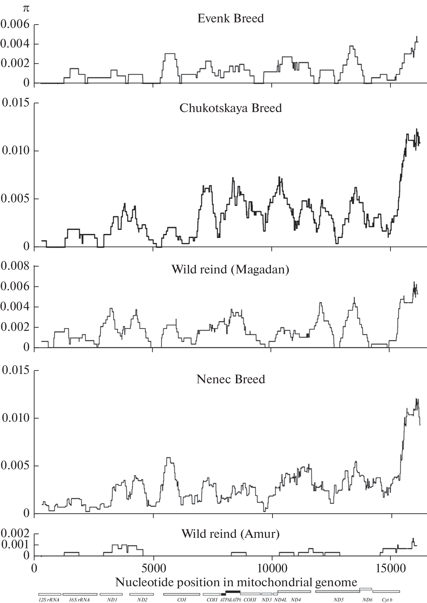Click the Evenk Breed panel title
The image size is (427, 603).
pos(230,18)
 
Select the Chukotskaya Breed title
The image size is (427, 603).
pos(230,108)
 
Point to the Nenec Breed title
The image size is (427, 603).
pos(231,379)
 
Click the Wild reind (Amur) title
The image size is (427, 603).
pos(230,534)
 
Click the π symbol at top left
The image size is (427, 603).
pos(26,9)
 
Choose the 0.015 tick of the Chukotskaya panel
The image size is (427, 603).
pos(16,103)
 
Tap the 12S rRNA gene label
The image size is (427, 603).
pos(49,600)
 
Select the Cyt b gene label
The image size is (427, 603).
pos(386,600)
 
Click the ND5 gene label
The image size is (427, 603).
pos(338,600)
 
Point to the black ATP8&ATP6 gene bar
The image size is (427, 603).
pos(232,592)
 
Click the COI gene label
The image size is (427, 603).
pos(181,600)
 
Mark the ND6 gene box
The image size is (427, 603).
pos(366,589)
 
